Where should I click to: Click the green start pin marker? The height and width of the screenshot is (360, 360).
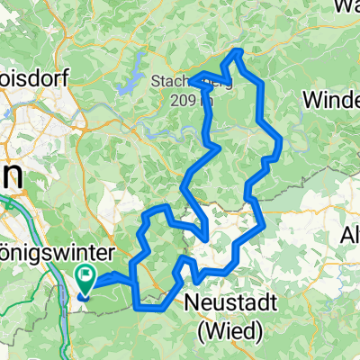click(87, 280)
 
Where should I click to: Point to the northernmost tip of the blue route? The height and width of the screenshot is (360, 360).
click(237, 51)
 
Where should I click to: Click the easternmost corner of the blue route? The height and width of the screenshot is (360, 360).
click(283, 140)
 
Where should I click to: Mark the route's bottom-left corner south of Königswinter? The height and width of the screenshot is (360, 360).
click(136, 307)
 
